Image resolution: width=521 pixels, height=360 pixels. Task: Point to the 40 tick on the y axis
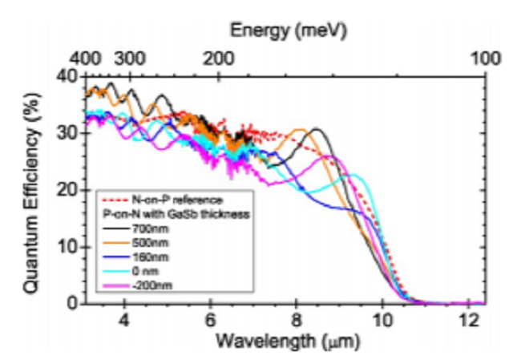(67, 75)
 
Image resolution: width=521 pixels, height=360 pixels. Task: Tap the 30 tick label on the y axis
(67, 132)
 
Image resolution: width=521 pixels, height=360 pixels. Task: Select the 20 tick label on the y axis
(67, 189)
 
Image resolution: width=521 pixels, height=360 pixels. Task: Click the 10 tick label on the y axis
(67, 246)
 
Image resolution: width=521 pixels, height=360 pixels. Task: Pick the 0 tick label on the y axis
(71, 303)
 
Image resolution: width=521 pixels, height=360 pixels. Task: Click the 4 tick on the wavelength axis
(124, 318)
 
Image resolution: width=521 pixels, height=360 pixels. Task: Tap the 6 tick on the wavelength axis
(210, 318)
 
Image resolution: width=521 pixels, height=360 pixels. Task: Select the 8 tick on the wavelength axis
(296, 318)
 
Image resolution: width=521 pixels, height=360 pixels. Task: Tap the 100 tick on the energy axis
(484, 59)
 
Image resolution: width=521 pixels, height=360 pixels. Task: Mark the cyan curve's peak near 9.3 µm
(353, 174)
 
